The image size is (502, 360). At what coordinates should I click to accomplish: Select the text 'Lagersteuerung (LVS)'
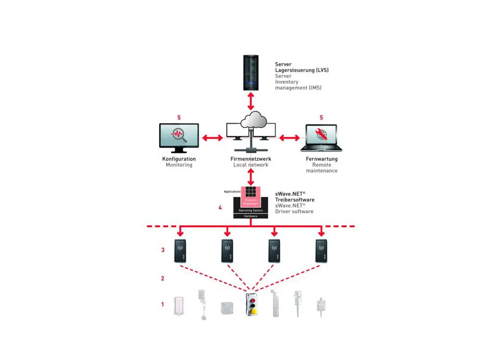click(301, 70)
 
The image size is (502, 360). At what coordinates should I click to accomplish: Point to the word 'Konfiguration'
click(179, 159)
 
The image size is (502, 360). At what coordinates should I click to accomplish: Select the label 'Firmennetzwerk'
click(251, 159)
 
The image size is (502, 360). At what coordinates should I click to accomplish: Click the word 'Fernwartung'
click(322, 159)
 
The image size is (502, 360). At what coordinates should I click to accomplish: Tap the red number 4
click(220, 208)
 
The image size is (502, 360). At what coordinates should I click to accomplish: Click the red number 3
click(163, 250)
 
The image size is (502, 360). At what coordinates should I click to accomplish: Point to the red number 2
click(163, 278)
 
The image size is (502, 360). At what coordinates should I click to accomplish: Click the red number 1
click(163, 304)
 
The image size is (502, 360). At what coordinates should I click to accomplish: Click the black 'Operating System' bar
click(251, 211)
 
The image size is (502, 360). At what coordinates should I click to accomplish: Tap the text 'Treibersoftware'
click(295, 200)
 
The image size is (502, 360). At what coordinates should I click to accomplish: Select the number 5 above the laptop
click(321, 118)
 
